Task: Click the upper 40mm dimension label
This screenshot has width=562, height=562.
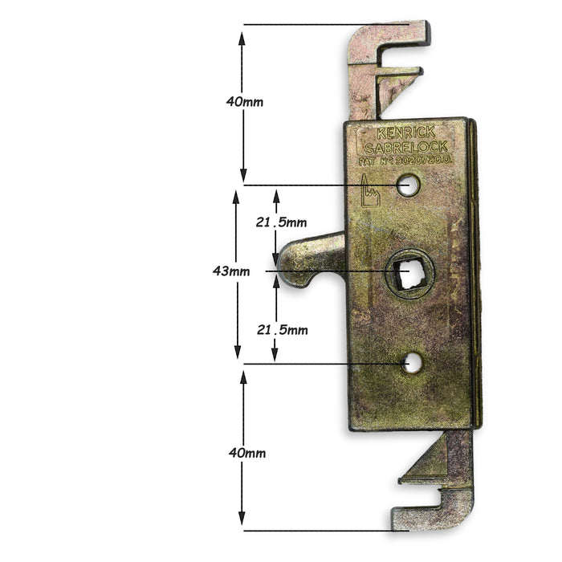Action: (245, 102)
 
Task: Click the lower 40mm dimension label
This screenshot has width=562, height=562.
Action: (246, 453)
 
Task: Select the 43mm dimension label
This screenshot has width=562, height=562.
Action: (230, 271)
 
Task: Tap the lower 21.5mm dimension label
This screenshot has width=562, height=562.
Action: (282, 330)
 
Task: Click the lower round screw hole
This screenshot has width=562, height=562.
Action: (413, 364)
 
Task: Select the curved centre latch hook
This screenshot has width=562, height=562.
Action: (309, 260)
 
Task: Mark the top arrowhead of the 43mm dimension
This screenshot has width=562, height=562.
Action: (237, 194)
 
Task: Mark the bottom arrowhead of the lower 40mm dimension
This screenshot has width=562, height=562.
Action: (244, 522)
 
